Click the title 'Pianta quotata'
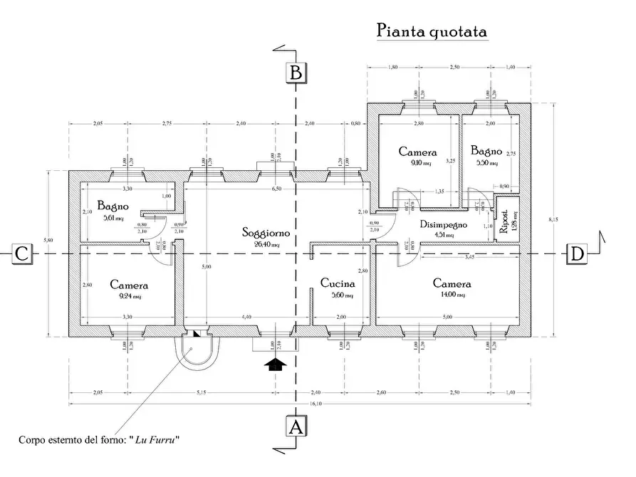pyautogui.click(x=432, y=31)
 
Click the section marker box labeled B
pyautogui.click(x=296, y=73)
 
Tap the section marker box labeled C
pyautogui.click(x=22, y=253)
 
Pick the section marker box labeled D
pyautogui.click(x=576, y=253)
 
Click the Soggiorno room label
pyautogui.click(x=264, y=233)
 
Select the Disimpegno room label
pyautogui.click(x=442, y=224)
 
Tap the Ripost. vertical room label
pyautogui.click(x=504, y=222)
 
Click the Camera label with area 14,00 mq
pyautogui.click(x=452, y=283)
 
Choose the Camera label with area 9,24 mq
pyautogui.click(x=129, y=285)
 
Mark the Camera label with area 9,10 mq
pyautogui.click(x=417, y=152)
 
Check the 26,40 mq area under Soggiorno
pyautogui.click(x=264, y=244)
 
